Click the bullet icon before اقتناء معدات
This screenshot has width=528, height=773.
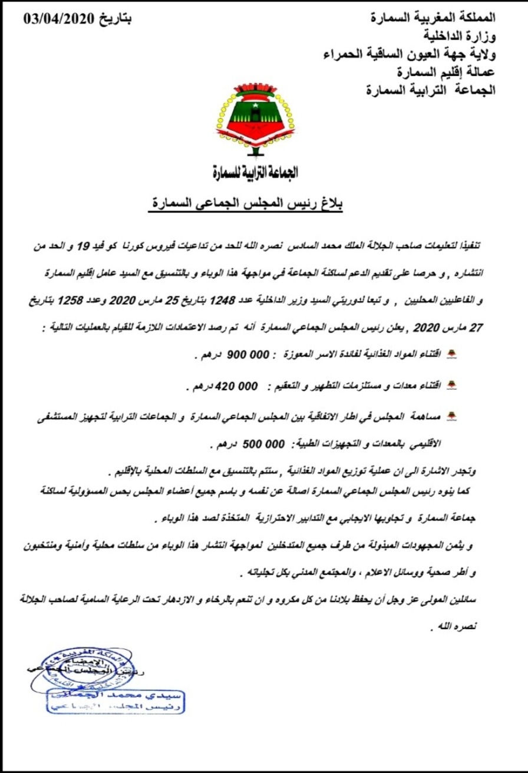click(453, 387)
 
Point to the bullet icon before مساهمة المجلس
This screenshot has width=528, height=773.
click(453, 417)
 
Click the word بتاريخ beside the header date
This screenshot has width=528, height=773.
click(113, 19)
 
